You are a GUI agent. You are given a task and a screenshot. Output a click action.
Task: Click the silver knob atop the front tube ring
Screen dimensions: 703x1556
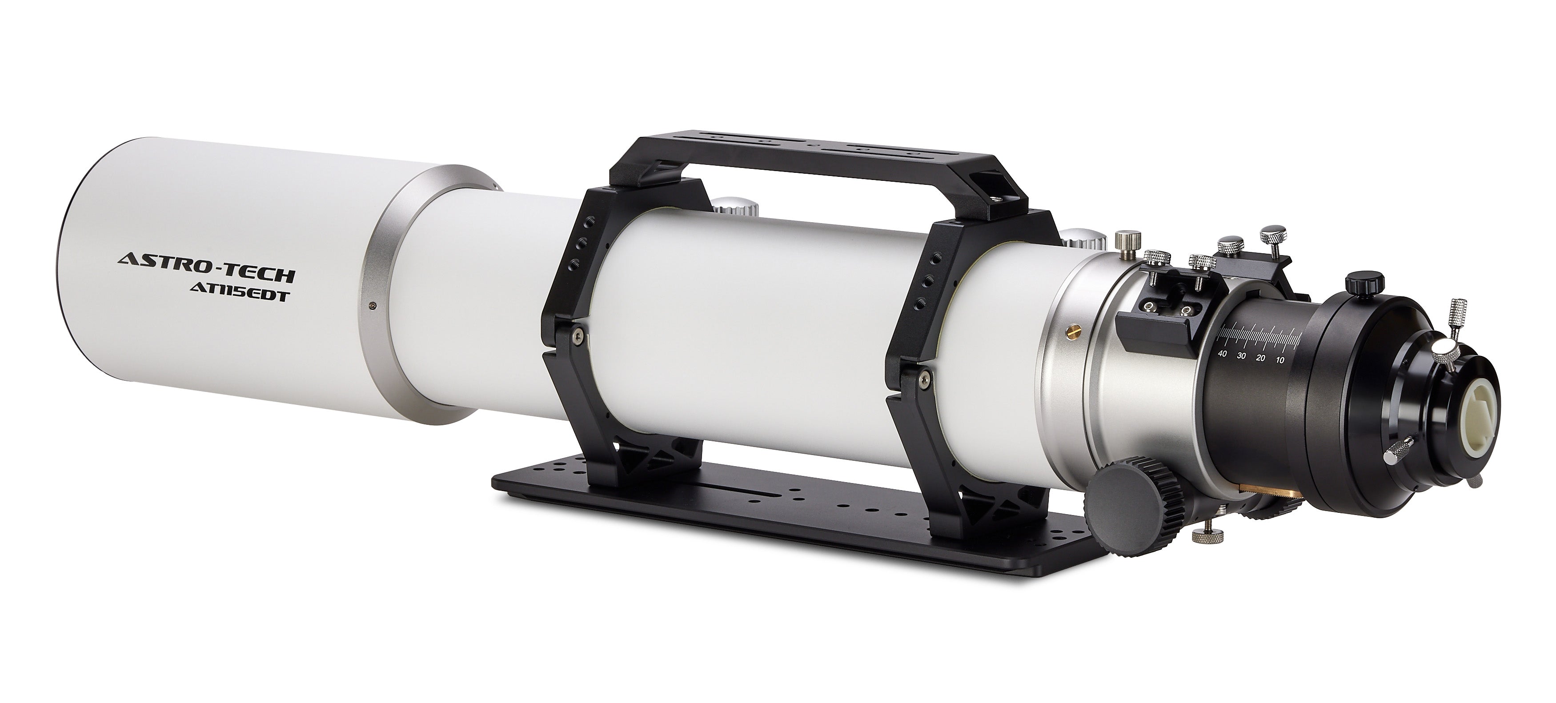[x=736, y=210]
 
